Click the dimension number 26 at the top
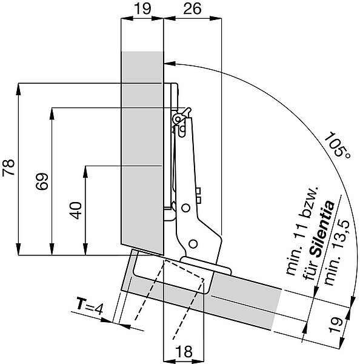coord(192,9)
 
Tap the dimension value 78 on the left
coord(8,167)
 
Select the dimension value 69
coord(42,181)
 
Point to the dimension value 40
coord(76,211)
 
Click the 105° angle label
coord(337,145)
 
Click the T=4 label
coord(90,306)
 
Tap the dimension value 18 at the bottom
coord(184,351)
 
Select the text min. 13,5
coord(337,252)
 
